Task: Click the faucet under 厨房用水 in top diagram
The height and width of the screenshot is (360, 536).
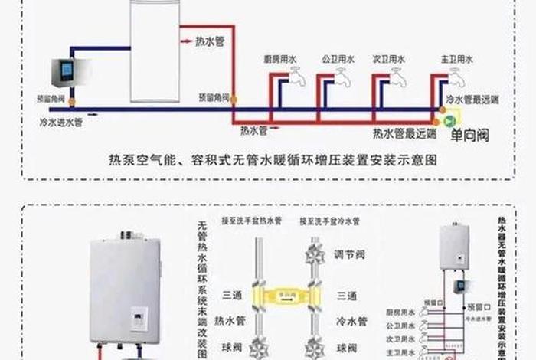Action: point(296,76)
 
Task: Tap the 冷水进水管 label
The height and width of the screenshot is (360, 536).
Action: point(62,121)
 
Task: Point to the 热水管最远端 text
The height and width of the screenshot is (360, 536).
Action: point(404,132)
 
